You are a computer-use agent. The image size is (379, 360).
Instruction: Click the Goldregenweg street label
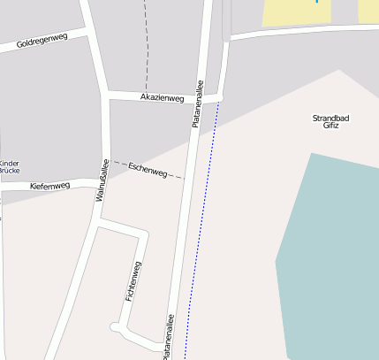[42, 41]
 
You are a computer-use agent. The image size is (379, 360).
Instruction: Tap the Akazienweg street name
[162, 96]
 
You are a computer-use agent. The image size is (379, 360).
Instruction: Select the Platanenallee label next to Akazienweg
[198, 104]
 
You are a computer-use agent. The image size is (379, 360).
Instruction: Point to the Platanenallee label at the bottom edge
[168, 336]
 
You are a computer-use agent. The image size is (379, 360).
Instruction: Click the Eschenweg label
[148, 170]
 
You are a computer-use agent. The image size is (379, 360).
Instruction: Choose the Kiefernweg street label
[49, 186]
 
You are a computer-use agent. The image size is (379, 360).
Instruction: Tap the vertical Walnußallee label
[102, 182]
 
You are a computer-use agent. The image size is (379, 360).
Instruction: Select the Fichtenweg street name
[134, 281]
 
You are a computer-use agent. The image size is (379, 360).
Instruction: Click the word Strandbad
[330, 118]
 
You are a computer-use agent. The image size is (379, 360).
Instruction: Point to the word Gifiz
[330, 126]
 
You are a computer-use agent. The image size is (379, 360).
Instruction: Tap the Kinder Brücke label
[9, 166]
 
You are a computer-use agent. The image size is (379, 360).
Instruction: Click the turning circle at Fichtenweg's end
[115, 327]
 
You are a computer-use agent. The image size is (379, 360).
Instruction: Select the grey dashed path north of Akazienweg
[147, 44]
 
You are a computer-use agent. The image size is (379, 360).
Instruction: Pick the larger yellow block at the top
[297, 11]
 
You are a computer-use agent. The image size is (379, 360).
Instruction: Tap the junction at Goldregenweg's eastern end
[91, 32]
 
